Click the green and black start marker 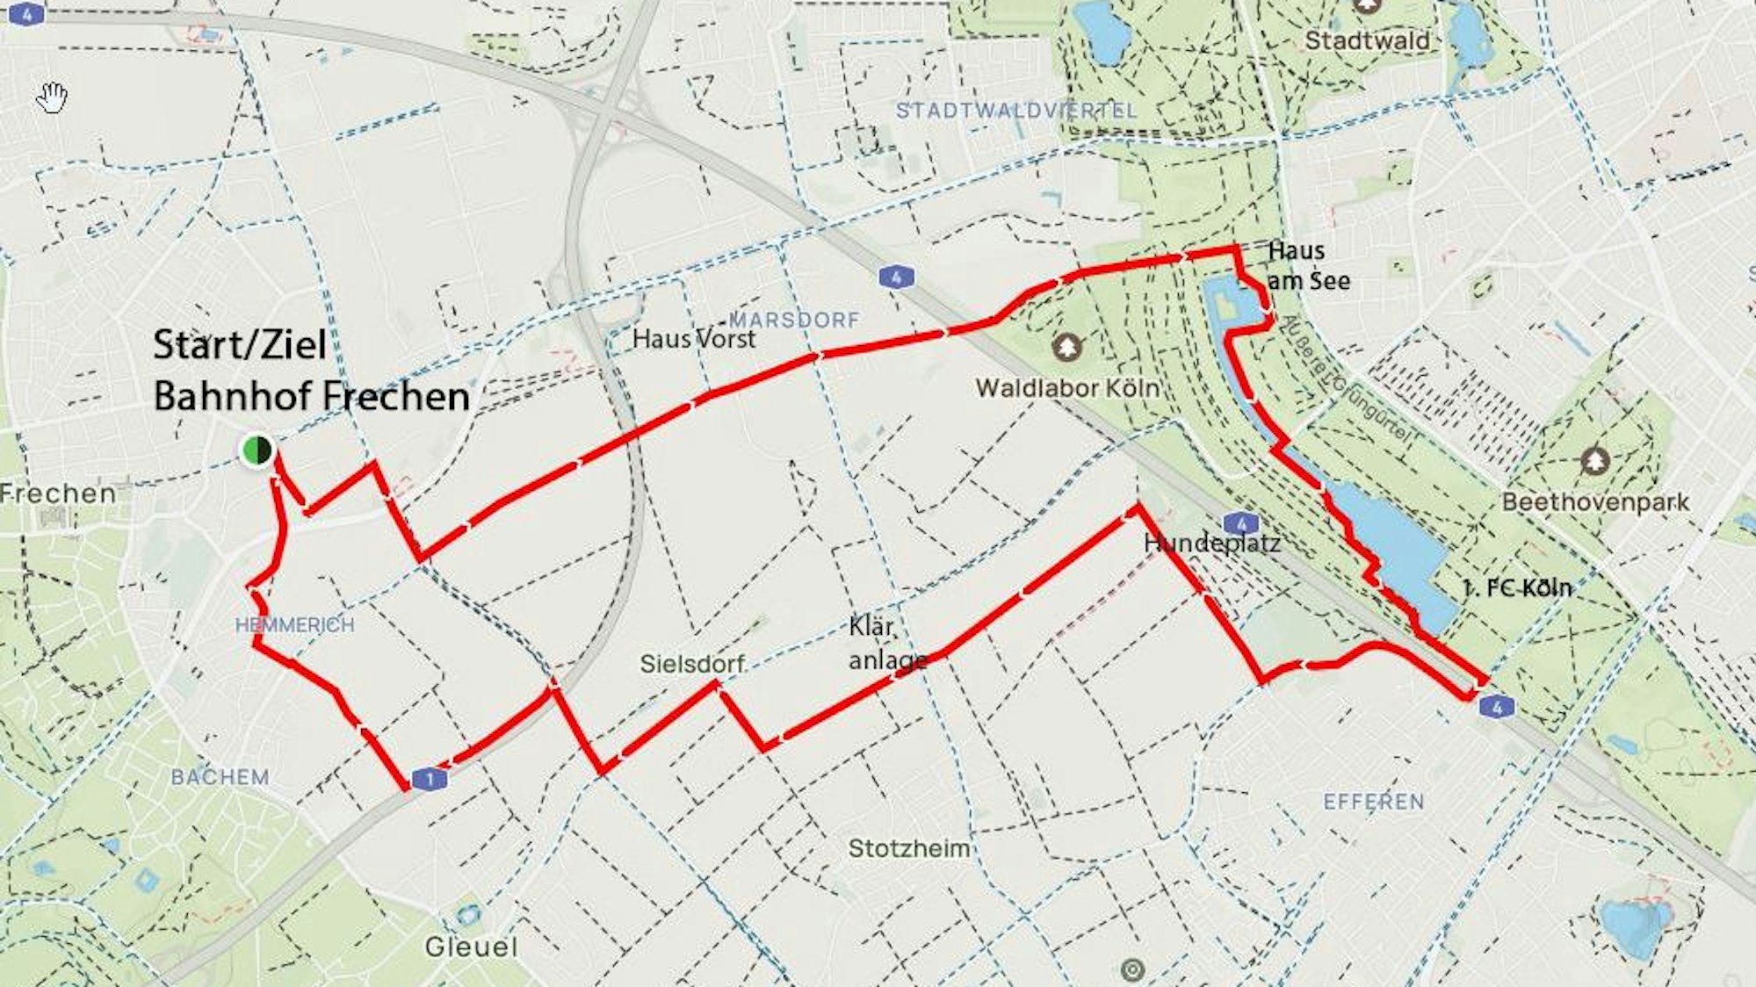pos(257,450)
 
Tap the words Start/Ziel pos(240,344)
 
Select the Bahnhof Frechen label pos(312,397)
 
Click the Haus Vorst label pos(693,339)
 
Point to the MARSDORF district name pos(794,320)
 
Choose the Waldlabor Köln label pos(1067,388)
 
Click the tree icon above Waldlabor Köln pos(1066,348)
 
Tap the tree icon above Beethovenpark pos(1595,461)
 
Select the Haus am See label pos(1308,266)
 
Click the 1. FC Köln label pos(1516,587)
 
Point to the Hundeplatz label pos(1211,544)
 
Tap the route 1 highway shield pos(430,778)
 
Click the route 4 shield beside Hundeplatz pos(1239,525)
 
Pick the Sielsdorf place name pos(692,664)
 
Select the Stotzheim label pos(909,848)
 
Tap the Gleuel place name pos(471,947)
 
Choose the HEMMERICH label pos(294,625)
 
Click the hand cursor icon pos(53,97)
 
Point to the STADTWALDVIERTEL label pos(1016,112)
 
